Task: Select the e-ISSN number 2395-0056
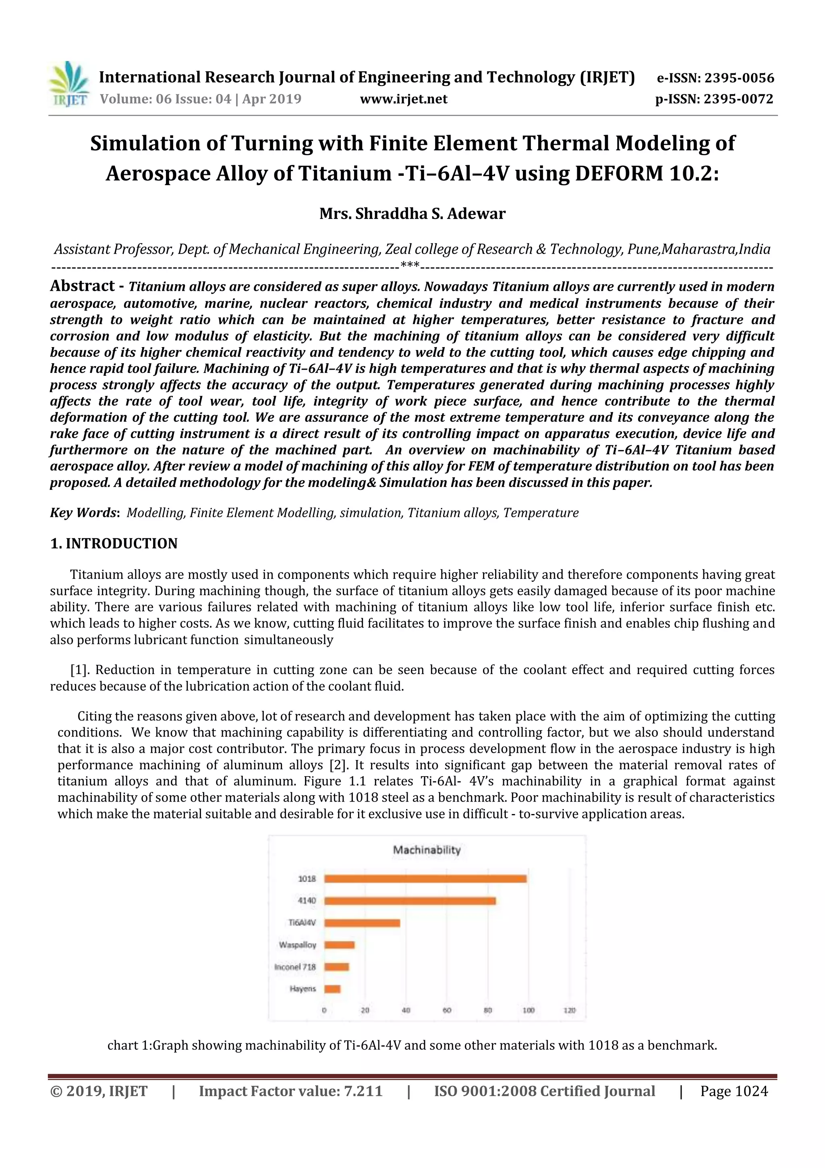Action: (x=739, y=78)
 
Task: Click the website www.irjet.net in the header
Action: (x=404, y=99)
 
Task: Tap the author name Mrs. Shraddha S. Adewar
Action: (x=412, y=213)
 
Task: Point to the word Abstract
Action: (x=82, y=286)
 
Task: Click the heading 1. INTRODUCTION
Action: (x=114, y=543)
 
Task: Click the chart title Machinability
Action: (x=427, y=849)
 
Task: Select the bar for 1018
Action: (x=425, y=879)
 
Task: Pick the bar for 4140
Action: (x=410, y=901)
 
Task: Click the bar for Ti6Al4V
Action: (x=362, y=923)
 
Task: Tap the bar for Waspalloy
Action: (x=339, y=945)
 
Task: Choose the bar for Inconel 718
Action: (x=336, y=966)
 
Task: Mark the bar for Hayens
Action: (x=332, y=989)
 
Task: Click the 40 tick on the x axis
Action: (x=406, y=1010)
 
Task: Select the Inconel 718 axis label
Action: (x=295, y=966)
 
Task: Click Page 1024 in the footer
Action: (x=734, y=1091)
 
